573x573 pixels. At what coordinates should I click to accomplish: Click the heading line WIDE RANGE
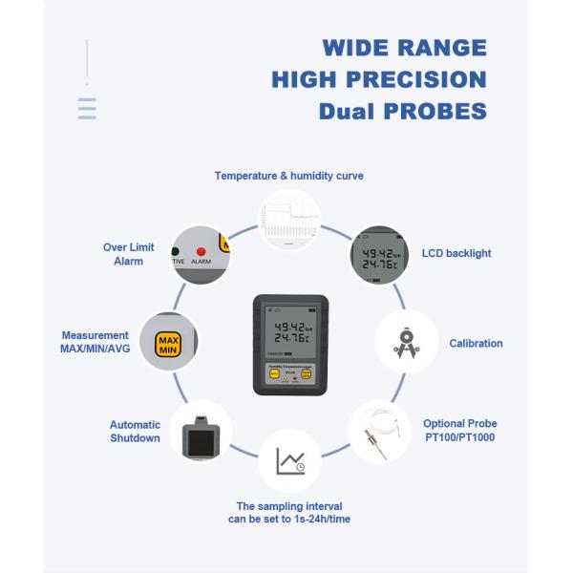[404, 48]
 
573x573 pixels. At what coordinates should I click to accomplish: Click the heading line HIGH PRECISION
[379, 79]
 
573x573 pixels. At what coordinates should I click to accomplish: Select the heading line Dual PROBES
[402, 111]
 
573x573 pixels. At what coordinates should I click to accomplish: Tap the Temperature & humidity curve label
[288, 176]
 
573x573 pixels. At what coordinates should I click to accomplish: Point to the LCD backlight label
[456, 253]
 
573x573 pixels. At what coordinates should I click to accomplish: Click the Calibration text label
[476, 343]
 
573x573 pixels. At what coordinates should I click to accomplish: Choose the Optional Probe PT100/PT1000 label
[460, 431]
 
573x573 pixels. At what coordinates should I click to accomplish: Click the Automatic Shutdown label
[135, 432]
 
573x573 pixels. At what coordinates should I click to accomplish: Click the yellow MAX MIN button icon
[169, 345]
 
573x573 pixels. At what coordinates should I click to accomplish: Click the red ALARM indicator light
[202, 251]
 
